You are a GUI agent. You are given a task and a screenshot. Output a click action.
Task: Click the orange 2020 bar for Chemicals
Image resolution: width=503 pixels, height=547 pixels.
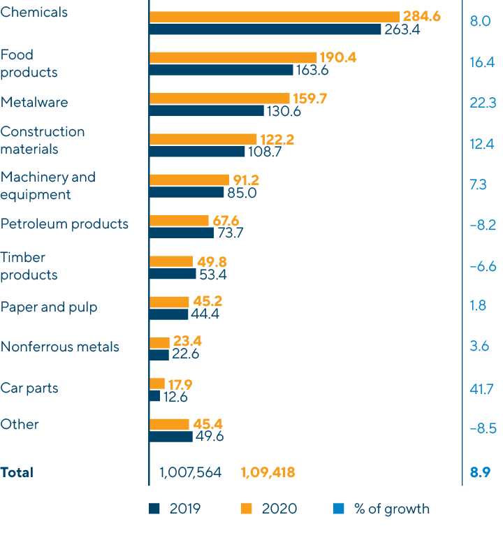pyautogui.click(x=274, y=16)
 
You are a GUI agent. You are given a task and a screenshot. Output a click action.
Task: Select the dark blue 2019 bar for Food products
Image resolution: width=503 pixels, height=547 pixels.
pyautogui.click(x=221, y=70)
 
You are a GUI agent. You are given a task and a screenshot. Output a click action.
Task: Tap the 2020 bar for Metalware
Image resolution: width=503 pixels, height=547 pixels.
pyautogui.click(x=219, y=99)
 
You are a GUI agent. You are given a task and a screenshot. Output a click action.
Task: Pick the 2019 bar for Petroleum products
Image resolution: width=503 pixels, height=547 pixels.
pyautogui.click(x=182, y=233)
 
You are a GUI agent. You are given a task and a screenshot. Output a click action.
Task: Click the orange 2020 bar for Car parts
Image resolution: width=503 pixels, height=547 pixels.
pyautogui.click(x=157, y=384)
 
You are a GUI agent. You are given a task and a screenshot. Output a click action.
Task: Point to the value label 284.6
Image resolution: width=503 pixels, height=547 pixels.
pyautogui.click(x=421, y=16)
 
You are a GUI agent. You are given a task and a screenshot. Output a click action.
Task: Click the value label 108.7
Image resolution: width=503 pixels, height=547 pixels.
pyautogui.click(x=263, y=152)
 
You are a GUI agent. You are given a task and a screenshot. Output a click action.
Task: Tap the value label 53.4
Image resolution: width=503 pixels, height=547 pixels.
pyautogui.click(x=214, y=275)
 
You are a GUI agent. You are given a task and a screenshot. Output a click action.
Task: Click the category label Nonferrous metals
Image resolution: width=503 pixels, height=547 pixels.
pyautogui.click(x=59, y=347)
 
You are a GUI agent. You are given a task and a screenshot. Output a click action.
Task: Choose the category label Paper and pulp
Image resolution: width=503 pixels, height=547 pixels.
pyautogui.click(x=49, y=307)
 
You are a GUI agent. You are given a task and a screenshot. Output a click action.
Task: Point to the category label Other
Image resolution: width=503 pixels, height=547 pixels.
pyautogui.click(x=20, y=424)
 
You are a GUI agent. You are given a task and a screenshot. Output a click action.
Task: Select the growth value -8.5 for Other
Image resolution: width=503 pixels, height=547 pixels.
pyautogui.click(x=482, y=428)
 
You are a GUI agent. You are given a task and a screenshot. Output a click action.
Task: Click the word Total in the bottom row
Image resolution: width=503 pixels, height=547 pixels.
pyautogui.click(x=17, y=473)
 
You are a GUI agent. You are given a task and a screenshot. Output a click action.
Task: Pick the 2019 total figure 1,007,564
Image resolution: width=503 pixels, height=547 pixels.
pyautogui.click(x=190, y=473)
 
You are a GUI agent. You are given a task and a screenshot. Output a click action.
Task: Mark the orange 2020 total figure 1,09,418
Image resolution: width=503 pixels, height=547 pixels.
pyautogui.click(x=268, y=473)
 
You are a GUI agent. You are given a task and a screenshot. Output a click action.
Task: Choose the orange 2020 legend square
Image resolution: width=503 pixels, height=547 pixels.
pyautogui.click(x=246, y=509)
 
